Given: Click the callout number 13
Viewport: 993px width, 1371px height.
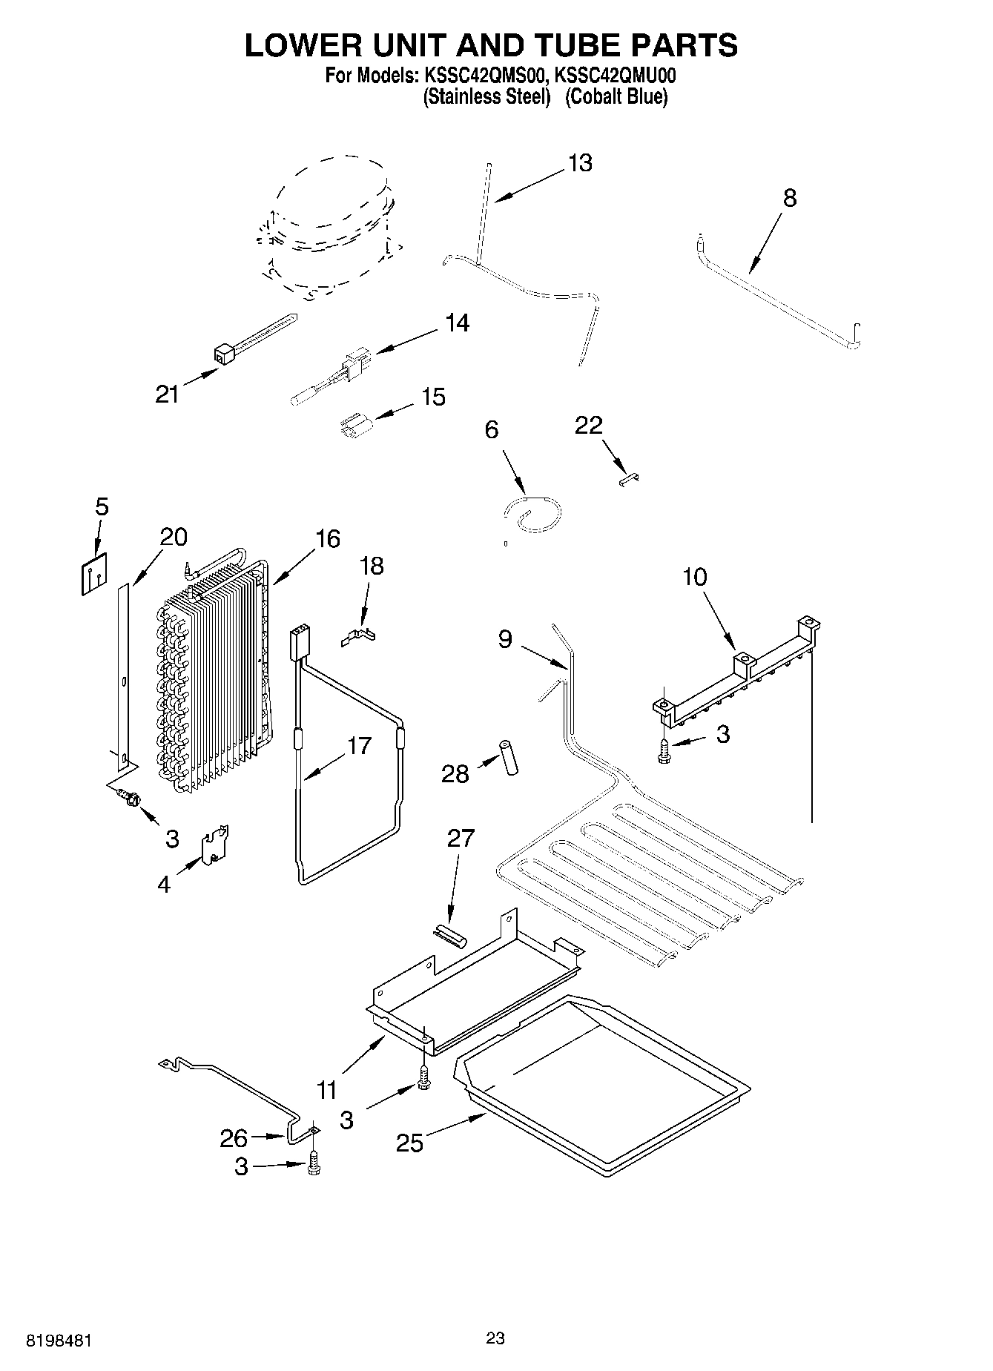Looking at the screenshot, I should click(580, 163).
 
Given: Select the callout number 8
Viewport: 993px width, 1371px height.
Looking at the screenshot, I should click(790, 198).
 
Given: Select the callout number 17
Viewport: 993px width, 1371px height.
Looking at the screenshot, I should click(359, 745).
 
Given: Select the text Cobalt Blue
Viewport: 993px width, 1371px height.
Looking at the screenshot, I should click(616, 97).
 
